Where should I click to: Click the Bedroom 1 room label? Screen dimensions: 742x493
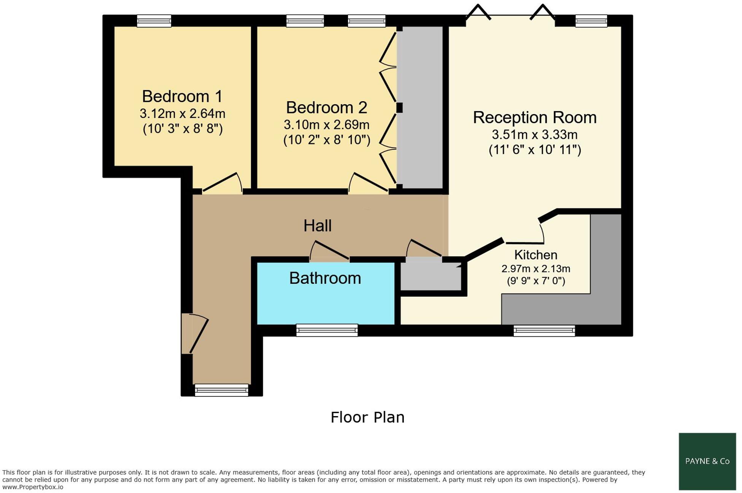click(182, 97)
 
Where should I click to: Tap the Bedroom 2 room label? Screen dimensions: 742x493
click(326, 108)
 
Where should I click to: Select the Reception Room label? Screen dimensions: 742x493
click(534, 118)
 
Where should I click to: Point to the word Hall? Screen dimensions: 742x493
click(318, 226)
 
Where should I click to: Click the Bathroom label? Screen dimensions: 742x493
click(325, 278)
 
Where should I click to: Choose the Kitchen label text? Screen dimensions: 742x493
click(535, 254)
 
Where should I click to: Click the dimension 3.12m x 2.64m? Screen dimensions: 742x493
click(183, 113)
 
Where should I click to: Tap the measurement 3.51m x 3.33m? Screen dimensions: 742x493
click(535, 135)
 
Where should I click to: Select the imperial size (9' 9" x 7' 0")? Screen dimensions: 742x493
click(536, 281)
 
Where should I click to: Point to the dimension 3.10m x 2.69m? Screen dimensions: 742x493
click(327, 125)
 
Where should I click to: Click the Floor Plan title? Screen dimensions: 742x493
click(367, 417)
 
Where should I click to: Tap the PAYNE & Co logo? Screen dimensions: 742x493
click(707, 461)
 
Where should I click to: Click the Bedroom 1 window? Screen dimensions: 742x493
click(154, 21)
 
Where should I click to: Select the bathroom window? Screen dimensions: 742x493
click(327, 330)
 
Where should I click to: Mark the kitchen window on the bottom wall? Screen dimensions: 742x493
click(544, 330)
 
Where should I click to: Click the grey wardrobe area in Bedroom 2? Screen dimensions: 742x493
click(420, 107)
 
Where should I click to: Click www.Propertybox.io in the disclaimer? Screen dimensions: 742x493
click(33, 487)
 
